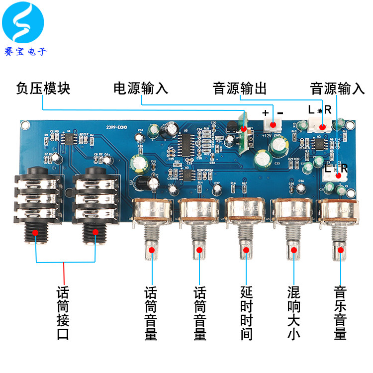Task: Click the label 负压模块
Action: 43,89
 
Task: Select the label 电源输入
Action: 141,89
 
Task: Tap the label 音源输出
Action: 240,89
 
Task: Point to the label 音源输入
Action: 337,89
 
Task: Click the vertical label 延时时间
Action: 246,312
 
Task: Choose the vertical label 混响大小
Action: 293,312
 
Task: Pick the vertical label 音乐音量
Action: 340,312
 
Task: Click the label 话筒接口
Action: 64,312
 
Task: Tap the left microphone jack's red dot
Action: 35,232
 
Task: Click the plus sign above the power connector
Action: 266,112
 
